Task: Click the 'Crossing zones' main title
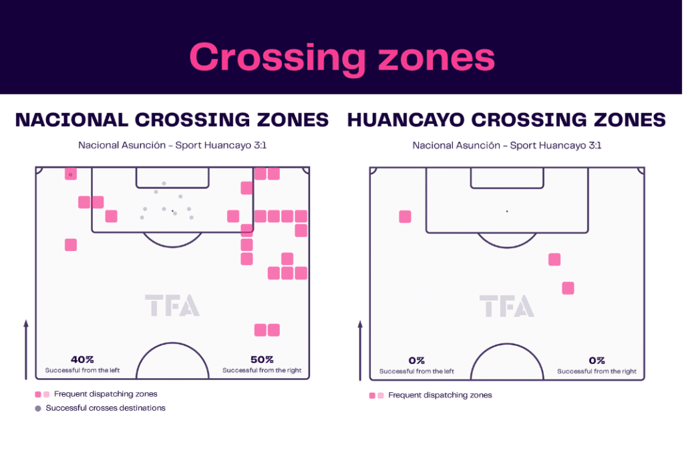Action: pyautogui.click(x=343, y=58)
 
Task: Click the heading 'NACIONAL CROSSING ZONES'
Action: pyautogui.click(x=172, y=120)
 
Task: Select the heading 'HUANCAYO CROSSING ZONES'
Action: pyautogui.click(x=506, y=120)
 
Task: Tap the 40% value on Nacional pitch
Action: pyautogui.click(x=82, y=359)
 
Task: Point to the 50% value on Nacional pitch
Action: pyautogui.click(x=262, y=359)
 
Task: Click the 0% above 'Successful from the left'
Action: pyautogui.click(x=417, y=361)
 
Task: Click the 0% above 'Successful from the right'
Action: pyautogui.click(x=596, y=361)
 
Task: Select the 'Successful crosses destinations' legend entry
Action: pyautogui.click(x=106, y=408)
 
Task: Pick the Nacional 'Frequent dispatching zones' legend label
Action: pyautogui.click(x=106, y=394)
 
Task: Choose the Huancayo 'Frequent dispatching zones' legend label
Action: pyautogui.click(x=440, y=395)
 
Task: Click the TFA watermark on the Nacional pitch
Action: pyautogui.click(x=172, y=305)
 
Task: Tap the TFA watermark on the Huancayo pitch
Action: pyautogui.click(x=507, y=306)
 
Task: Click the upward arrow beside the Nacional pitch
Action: pyautogui.click(x=26, y=349)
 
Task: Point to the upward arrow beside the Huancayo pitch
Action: pyautogui.click(x=360, y=351)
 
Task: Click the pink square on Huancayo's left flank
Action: pyautogui.click(x=405, y=217)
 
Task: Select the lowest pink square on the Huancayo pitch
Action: pyautogui.click(x=568, y=288)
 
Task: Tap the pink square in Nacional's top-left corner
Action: pyautogui.click(x=71, y=174)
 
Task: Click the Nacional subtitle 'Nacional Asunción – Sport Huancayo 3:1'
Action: pyautogui.click(x=172, y=145)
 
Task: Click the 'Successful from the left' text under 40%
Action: pyautogui.click(x=82, y=371)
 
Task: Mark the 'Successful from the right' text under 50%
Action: pyautogui.click(x=262, y=371)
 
